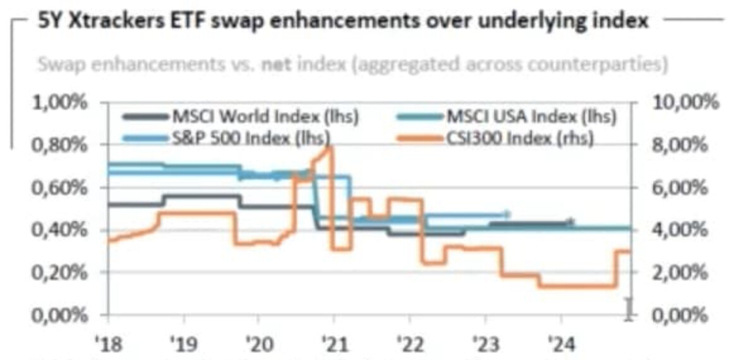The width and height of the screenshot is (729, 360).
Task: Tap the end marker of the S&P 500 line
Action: (x=507, y=214)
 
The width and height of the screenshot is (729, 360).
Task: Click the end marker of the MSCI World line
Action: (x=570, y=222)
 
